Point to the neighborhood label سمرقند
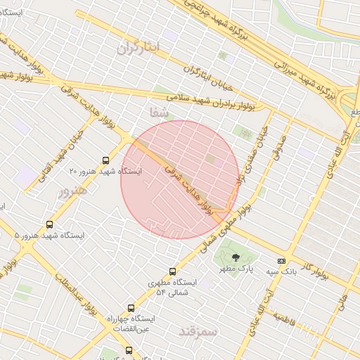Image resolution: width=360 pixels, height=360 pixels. pos(199,330)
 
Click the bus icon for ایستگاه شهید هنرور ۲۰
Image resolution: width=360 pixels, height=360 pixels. pos(106,160)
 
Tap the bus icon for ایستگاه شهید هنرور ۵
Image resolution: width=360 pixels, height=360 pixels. pos(49,224)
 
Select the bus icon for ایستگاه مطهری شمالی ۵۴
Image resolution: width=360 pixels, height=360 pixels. pos(173,271)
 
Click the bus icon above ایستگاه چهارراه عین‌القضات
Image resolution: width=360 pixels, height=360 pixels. pos(131,307)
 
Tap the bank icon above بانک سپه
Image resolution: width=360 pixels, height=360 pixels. pos(281,261)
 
